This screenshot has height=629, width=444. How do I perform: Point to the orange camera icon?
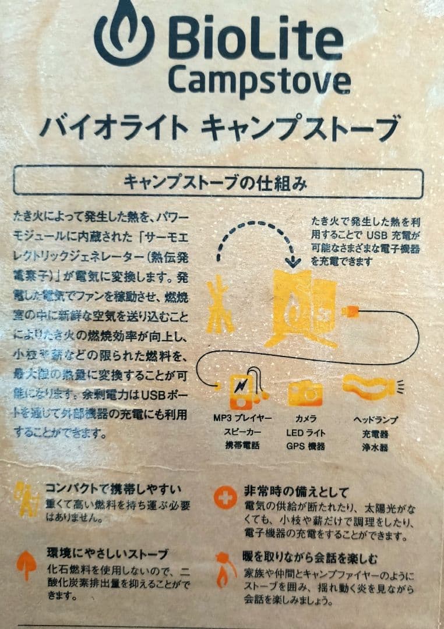(305, 393)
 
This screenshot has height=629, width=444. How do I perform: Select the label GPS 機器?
(305, 447)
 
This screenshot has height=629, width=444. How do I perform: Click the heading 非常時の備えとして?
(297, 490)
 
